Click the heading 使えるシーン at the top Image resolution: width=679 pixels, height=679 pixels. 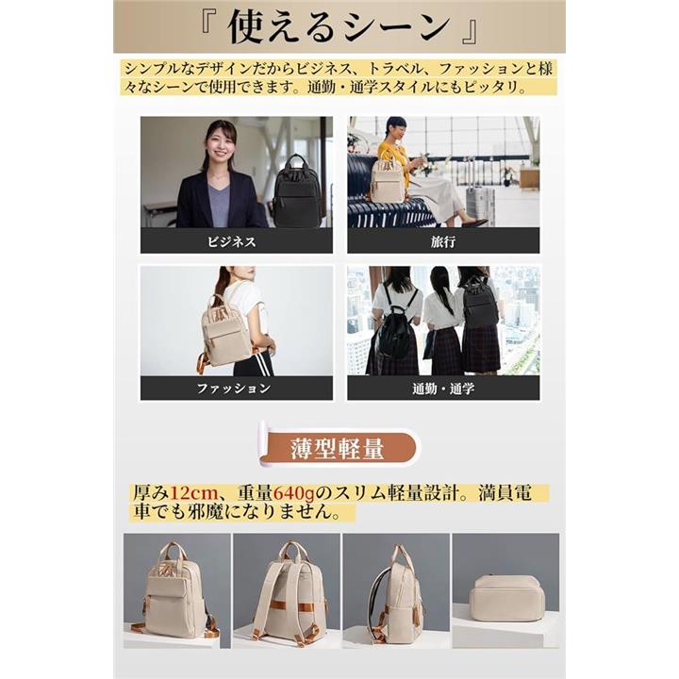point(339,26)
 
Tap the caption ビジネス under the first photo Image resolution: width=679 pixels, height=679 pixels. point(232,241)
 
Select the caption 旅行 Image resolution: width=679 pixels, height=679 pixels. point(443,241)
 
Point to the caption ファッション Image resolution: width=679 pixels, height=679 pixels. point(234,388)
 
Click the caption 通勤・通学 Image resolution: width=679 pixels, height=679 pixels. point(443,389)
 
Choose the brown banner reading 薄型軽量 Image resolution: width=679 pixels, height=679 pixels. point(338,448)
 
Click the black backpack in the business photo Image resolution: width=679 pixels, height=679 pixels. point(297,190)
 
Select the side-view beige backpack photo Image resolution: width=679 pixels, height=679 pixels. point(396,590)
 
